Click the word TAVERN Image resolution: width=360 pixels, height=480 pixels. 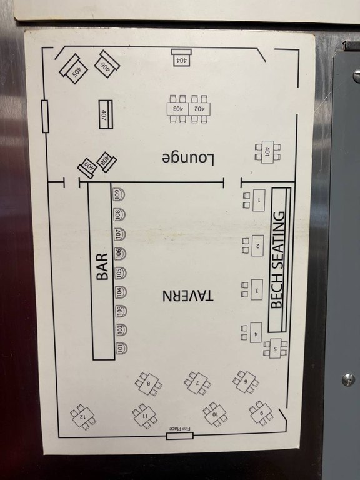187,296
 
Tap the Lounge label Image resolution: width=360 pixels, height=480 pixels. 188,158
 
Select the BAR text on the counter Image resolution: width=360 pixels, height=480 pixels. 102,266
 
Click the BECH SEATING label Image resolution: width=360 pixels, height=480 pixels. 278,260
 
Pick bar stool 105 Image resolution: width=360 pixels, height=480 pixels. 120,272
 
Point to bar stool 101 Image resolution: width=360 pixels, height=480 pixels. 121,348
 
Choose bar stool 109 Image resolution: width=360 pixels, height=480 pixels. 119,194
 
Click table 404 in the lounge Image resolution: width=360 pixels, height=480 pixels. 181,57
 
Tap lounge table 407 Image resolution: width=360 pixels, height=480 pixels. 106,114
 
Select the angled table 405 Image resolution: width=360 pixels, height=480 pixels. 74,69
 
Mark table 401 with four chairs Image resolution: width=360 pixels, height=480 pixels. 267,152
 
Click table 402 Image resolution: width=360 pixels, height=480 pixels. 199,109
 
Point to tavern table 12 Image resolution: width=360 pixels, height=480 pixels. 83,417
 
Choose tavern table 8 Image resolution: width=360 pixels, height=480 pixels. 149,384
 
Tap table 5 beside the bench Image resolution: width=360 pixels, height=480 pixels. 276,348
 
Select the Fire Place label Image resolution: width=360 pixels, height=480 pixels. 180,429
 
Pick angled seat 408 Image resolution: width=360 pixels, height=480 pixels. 106,162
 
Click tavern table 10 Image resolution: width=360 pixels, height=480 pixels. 215,414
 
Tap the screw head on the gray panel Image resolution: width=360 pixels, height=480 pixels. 348,379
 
